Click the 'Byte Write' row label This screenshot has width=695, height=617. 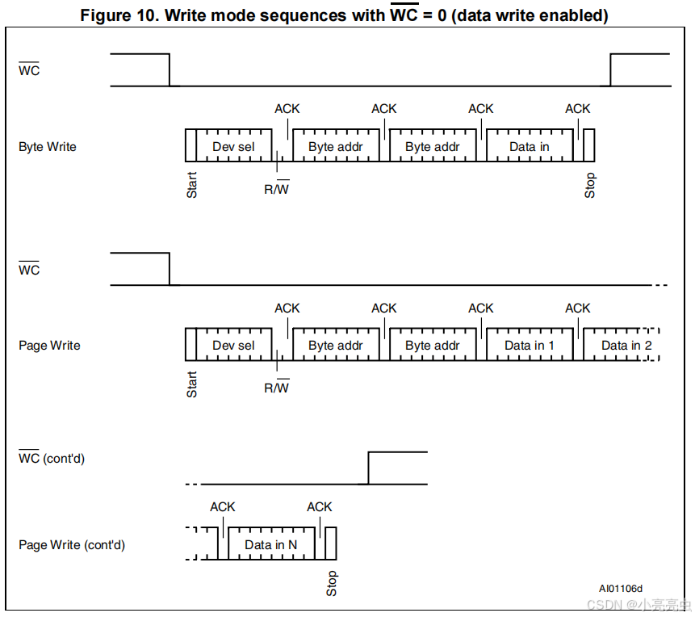[x=48, y=147]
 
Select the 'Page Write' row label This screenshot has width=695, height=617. [x=49, y=346]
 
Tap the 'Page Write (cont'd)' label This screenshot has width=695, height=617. [x=72, y=545]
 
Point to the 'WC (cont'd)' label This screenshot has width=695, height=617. [x=52, y=459]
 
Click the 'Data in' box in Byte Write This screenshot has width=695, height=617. [x=529, y=146]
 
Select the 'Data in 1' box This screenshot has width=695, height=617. [x=529, y=345]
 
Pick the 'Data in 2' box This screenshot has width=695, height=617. [x=626, y=345]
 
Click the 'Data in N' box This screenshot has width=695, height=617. [x=270, y=544]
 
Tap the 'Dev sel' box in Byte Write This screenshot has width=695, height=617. [x=233, y=146]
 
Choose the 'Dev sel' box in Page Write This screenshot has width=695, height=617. [x=233, y=345]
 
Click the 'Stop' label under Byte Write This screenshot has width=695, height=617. [x=590, y=185]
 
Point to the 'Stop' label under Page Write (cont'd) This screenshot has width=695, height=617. [x=332, y=583]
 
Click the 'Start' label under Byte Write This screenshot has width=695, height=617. [x=192, y=184]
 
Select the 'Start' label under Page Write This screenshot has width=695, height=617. [x=192, y=384]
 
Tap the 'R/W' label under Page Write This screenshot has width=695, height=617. [x=276, y=388]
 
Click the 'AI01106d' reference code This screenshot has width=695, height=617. [x=621, y=589]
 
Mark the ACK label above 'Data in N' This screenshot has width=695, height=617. [x=319, y=506]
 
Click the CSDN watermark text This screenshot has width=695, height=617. [x=638, y=605]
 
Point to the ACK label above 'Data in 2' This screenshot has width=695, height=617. [x=577, y=308]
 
